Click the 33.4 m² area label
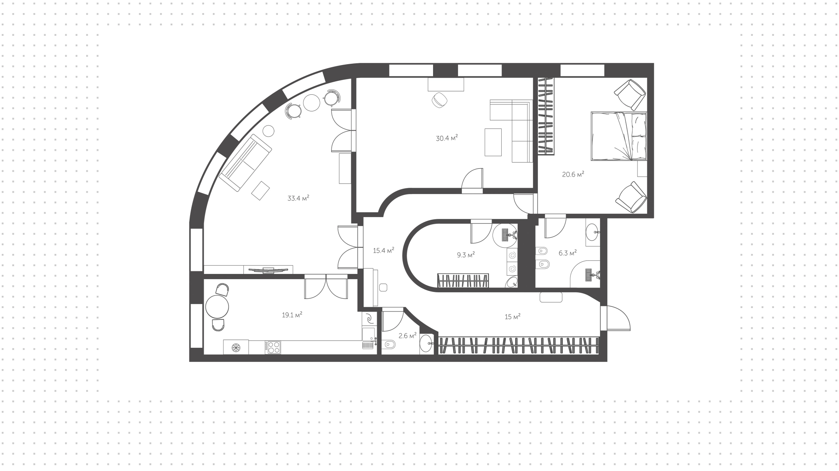click(x=298, y=198)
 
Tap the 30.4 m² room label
click(x=447, y=138)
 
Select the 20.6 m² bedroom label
click(x=573, y=174)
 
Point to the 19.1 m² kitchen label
click(x=292, y=314)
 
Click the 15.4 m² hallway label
click(x=384, y=250)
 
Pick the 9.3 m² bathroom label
click(x=466, y=254)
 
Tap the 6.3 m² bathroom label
click(x=568, y=253)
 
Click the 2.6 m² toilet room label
click(x=407, y=336)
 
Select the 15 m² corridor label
click(x=513, y=316)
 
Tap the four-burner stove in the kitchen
click(x=273, y=347)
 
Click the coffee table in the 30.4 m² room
click(x=493, y=142)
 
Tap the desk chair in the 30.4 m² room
click(x=439, y=100)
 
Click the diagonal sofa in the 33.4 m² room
click(x=245, y=163)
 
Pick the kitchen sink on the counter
click(x=368, y=334)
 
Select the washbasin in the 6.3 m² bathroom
click(x=593, y=232)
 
